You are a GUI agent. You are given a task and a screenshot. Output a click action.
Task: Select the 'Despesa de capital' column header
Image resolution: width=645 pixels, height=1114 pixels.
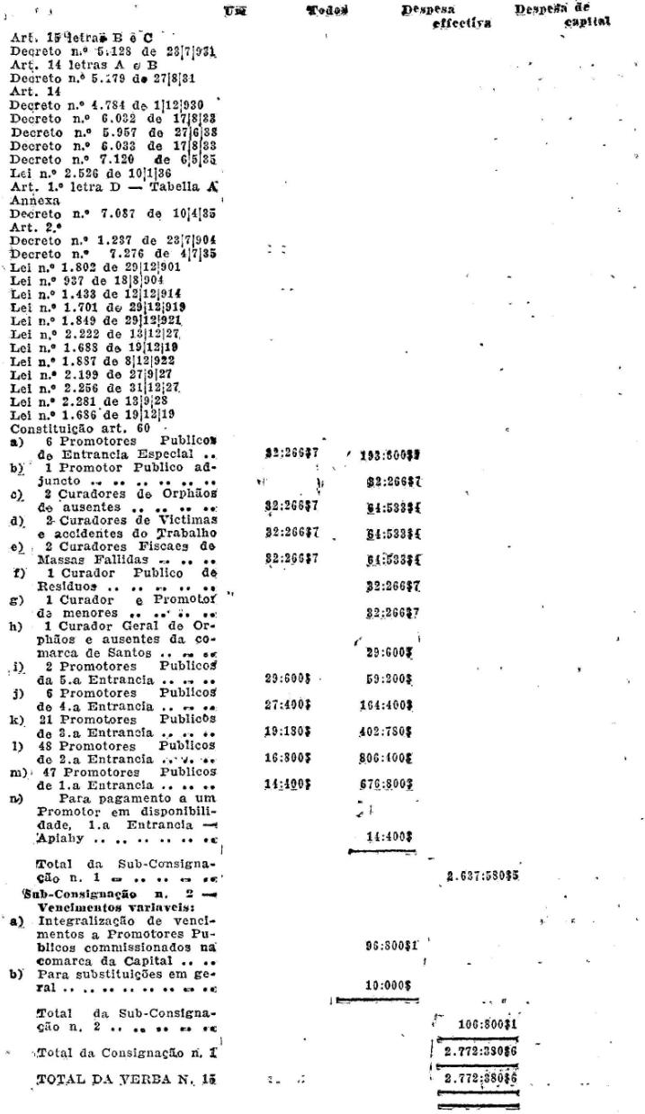tap(563, 14)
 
